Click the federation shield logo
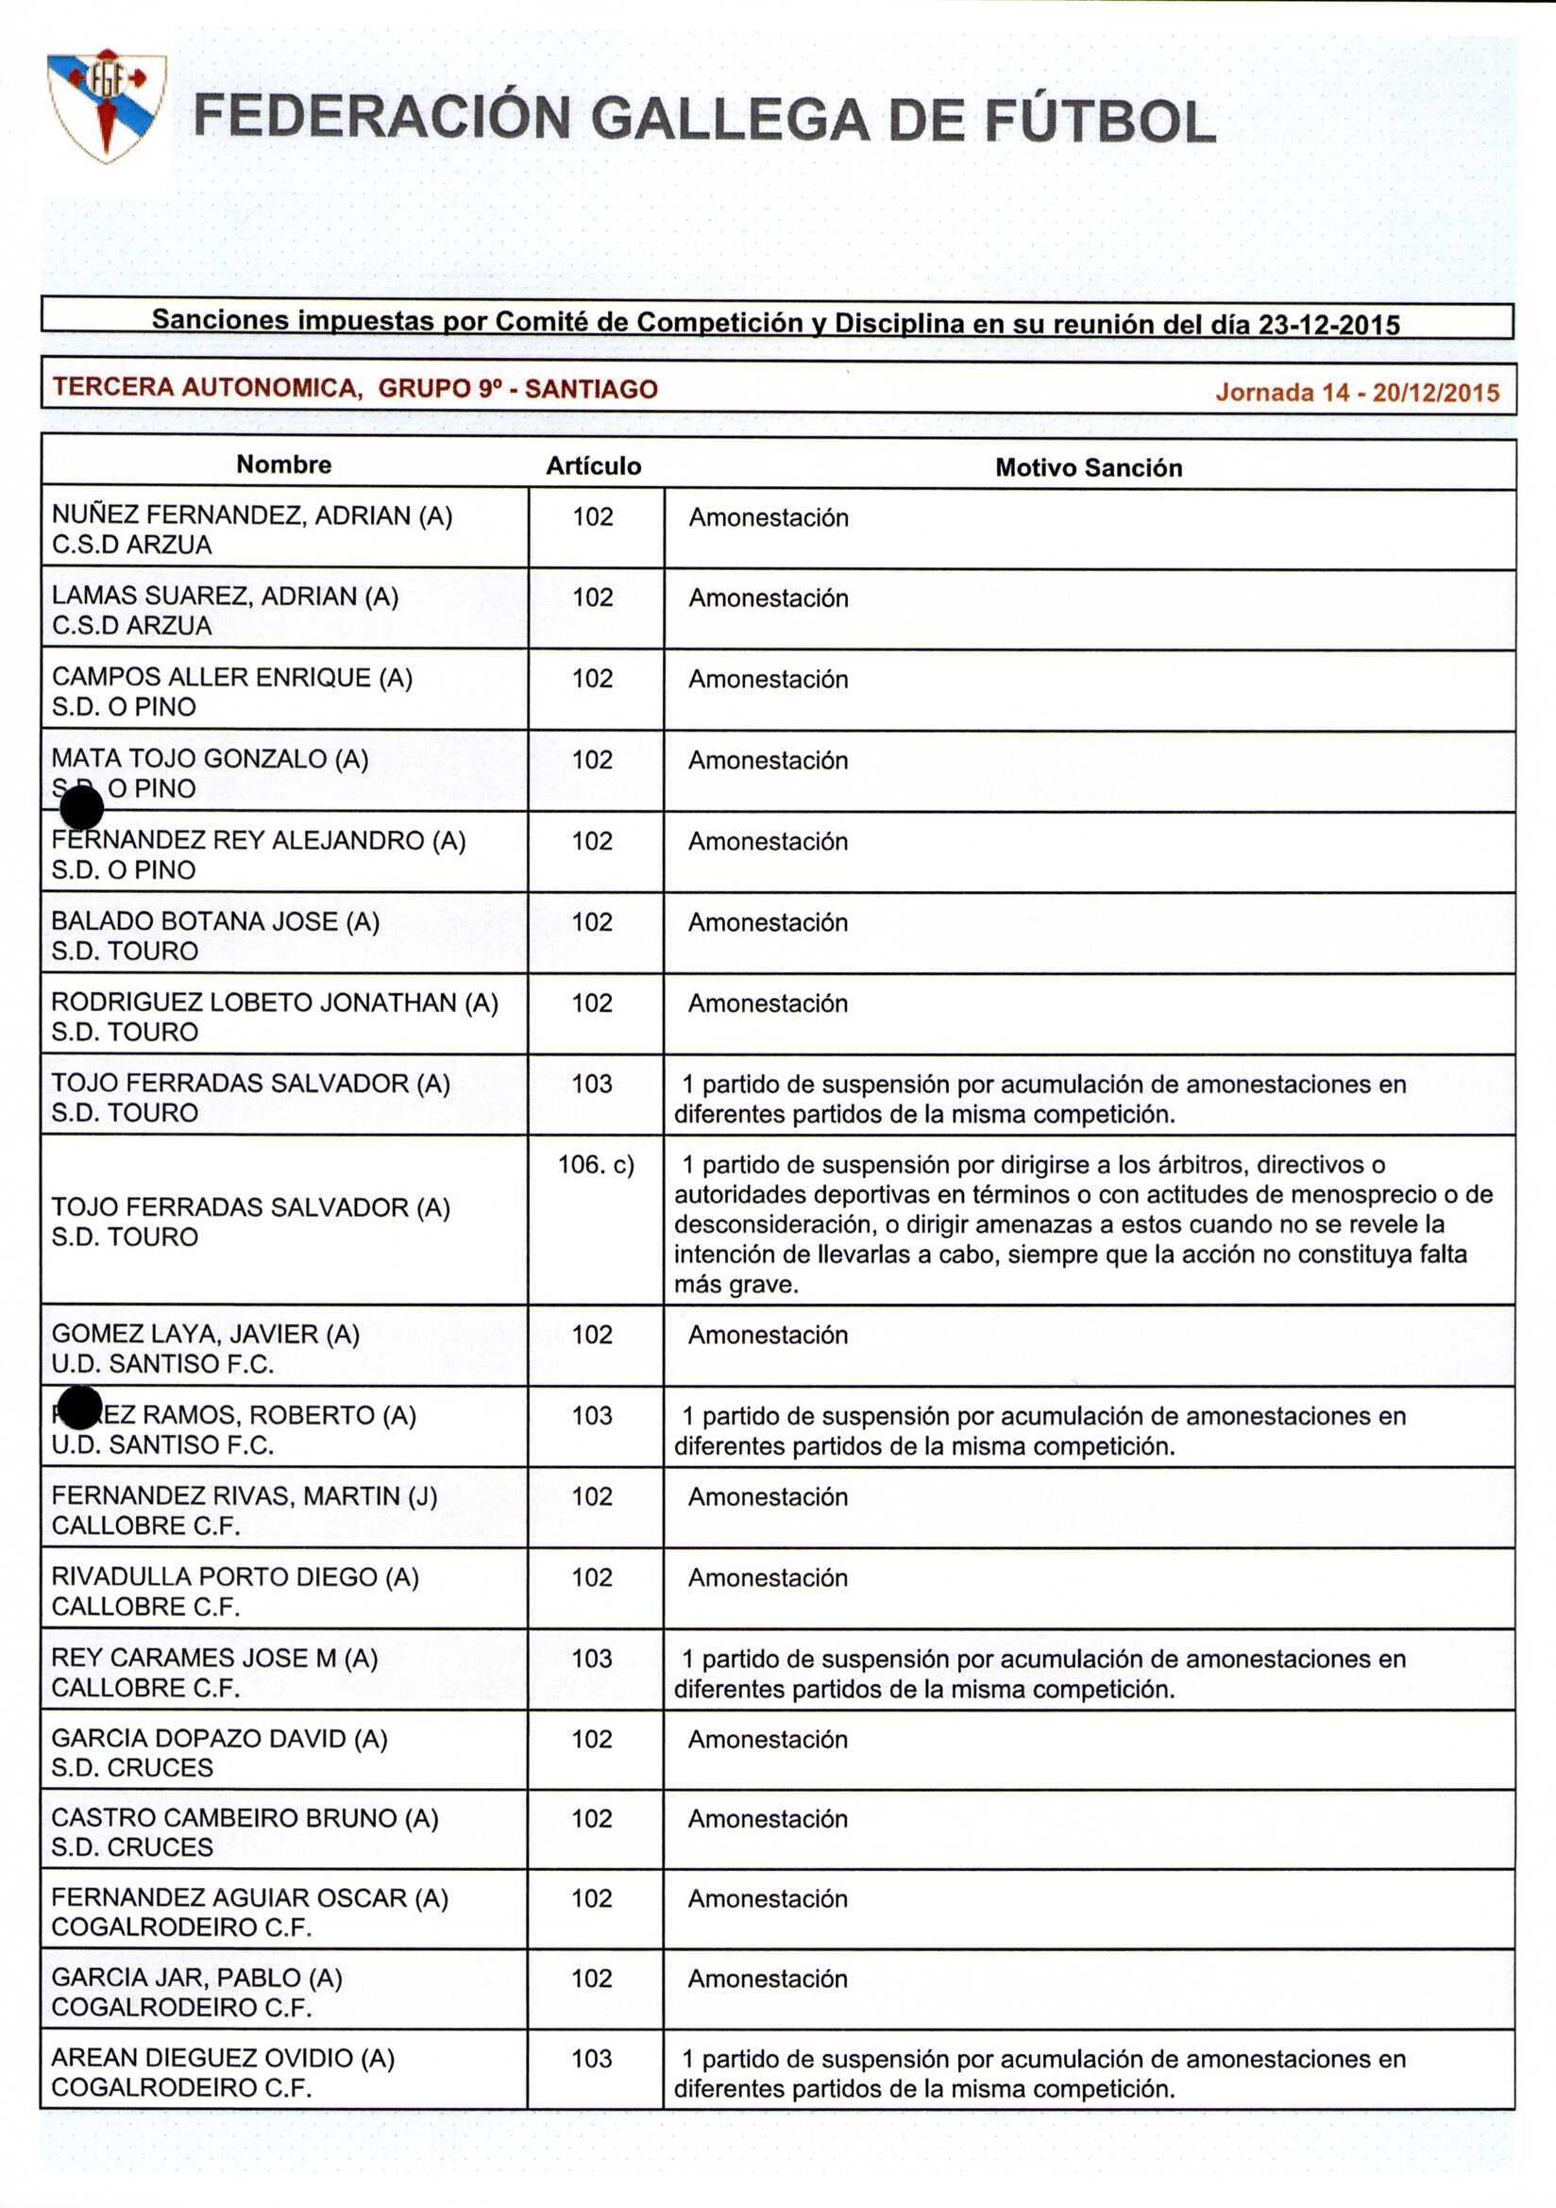point(106,106)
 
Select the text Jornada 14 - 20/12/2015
point(1357,393)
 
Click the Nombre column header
point(283,464)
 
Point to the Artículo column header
point(593,466)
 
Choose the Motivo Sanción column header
point(1088,468)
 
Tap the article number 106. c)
point(596,1166)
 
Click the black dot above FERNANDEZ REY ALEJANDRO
point(82,808)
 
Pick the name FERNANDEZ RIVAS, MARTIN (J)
point(245,1495)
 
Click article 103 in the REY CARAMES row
point(591,1658)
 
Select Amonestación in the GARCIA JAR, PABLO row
point(768,1979)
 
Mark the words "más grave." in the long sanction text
point(736,1285)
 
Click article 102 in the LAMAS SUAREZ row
point(592,598)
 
